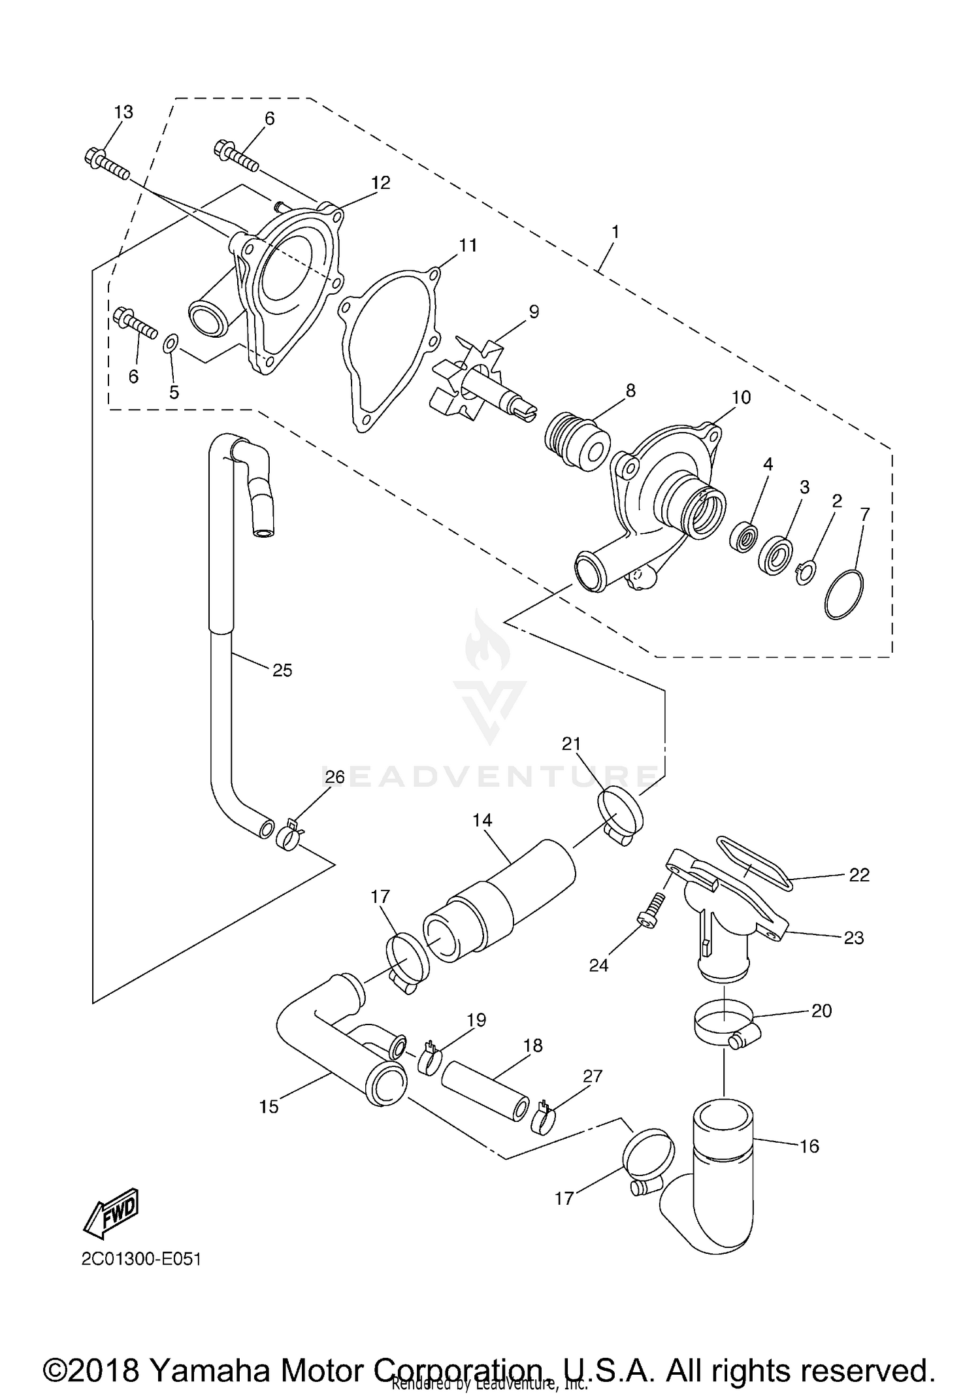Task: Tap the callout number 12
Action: (x=380, y=183)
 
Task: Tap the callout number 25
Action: (x=282, y=670)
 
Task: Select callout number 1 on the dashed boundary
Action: (x=615, y=232)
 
